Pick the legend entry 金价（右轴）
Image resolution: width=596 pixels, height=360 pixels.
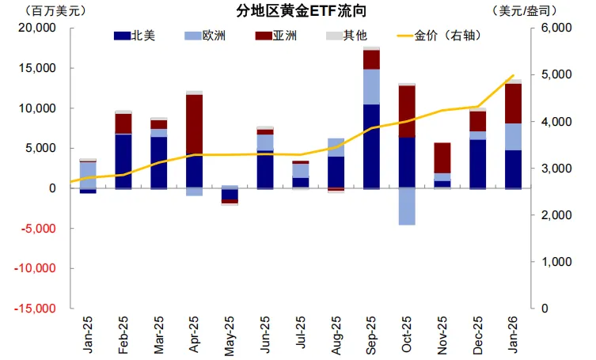click(x=446, y=36)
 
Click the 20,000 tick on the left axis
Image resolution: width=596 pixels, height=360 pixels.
click(x=36, y=28)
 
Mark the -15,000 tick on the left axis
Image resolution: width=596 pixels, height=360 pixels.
click(x=34, y=309)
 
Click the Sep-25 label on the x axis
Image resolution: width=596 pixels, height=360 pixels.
click(x=372, y=335)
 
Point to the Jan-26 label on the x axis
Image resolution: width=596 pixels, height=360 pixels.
click(x=514, y=335)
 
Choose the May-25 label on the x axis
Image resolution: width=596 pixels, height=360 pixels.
click(x=230, y=335)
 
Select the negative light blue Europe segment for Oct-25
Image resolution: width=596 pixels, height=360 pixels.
click(x=407, y=207)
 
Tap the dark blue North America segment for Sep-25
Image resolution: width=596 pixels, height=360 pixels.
click(x=371, y=146)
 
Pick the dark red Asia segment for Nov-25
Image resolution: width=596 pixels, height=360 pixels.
click(x=442, y=157)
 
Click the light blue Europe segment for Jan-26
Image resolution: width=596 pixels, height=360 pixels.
click(x=514, y=136)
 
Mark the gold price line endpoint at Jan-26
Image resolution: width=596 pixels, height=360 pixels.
click(x=514, y=76)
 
